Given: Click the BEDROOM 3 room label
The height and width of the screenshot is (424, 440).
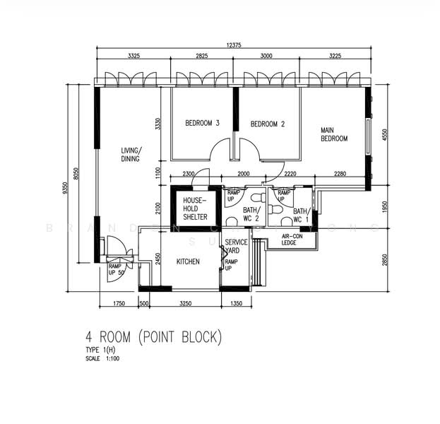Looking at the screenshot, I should [202, 123].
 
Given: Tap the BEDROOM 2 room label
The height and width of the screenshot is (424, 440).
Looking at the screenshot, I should [268, 124].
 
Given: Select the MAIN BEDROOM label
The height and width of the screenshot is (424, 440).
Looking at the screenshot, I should [333, 134].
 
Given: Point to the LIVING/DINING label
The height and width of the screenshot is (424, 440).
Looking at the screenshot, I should [130, 154].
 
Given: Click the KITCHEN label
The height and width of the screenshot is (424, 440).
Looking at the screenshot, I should [188, 261].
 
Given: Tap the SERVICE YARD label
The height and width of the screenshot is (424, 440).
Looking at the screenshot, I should [235, 247].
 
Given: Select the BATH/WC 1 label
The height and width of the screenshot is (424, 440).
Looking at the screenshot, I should [301, 216].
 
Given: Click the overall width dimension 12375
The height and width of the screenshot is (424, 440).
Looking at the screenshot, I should [234, 45].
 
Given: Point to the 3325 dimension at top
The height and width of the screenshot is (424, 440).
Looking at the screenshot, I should [138, 54].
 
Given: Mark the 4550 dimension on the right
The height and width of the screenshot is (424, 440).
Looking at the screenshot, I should [386, 135].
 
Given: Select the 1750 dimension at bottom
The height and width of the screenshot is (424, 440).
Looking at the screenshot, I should [118, 303].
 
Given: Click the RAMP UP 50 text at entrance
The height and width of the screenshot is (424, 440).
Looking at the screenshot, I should [114, 270].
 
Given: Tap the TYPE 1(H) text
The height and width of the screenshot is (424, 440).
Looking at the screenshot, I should [101, 351].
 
